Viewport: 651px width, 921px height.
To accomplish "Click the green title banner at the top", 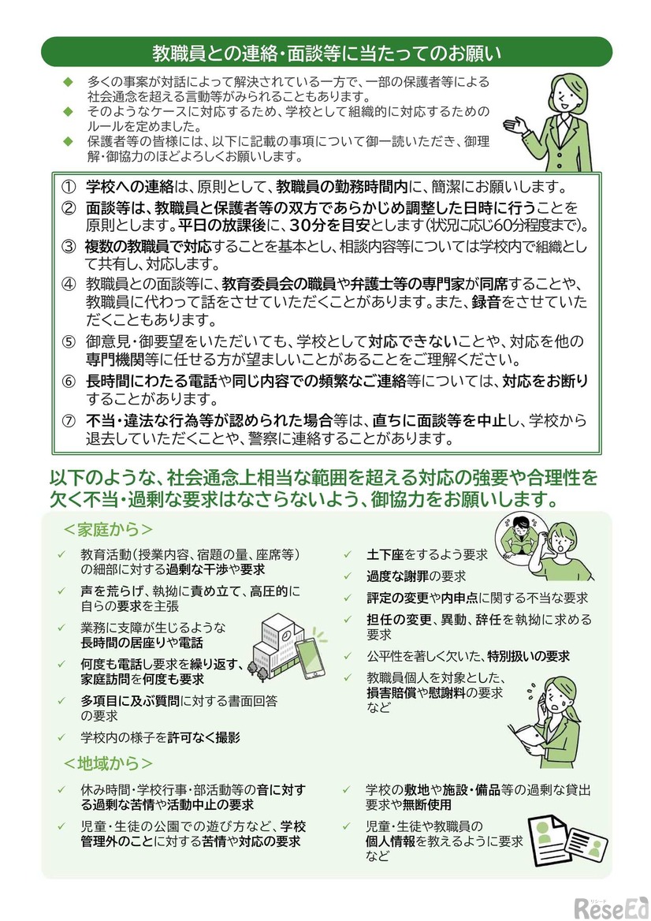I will coord(325,53).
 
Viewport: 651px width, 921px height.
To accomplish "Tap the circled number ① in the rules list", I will coord(69,188).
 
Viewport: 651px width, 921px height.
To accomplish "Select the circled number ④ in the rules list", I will coord(69,282).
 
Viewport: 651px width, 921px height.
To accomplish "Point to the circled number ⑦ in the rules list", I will coord(69,419).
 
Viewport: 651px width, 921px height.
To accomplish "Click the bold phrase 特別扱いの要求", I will coord(527,655).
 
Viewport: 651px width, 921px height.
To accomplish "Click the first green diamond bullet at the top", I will coord(68,81).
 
